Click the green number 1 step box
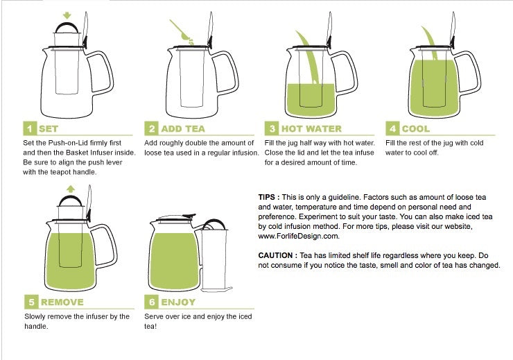point(29,128)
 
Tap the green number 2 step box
point(150,128)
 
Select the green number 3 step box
point(272,128)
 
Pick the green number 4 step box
point(392,128)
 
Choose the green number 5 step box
point(29,302)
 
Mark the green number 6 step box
point(150,302)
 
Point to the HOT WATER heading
point(311,128)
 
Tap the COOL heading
point(415,128)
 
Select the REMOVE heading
point(62,302)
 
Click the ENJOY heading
point(178,302)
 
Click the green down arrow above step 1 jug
point(67,15)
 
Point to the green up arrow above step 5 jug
point(69,188)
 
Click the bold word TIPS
point(268,198)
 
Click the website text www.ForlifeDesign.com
point(298,236)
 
